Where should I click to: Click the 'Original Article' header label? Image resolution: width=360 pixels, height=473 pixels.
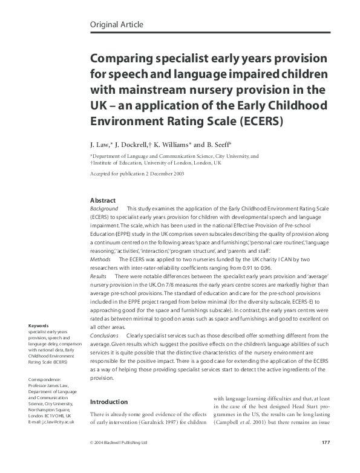(116, 24)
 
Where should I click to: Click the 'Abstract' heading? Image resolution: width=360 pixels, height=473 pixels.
(103, 200)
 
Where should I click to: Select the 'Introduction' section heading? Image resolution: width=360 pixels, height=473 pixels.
(109, 402)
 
